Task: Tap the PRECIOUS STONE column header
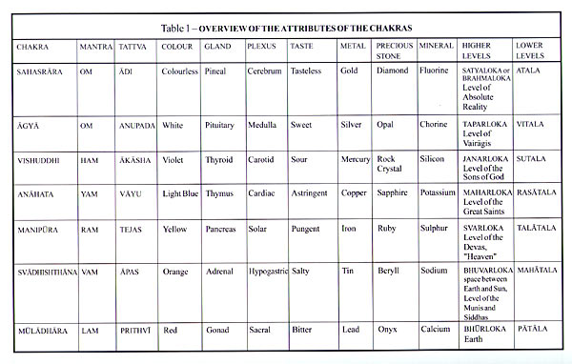pos(394,51)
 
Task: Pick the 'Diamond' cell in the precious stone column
pos(391,71)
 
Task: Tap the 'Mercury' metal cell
pos(356,159)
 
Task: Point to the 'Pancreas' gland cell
pos(221,230)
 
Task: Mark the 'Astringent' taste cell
pos(311,193)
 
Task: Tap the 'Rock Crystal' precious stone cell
pos(388,164)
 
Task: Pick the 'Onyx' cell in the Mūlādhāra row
pos(387,330)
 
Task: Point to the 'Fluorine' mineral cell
pos(436,71)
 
